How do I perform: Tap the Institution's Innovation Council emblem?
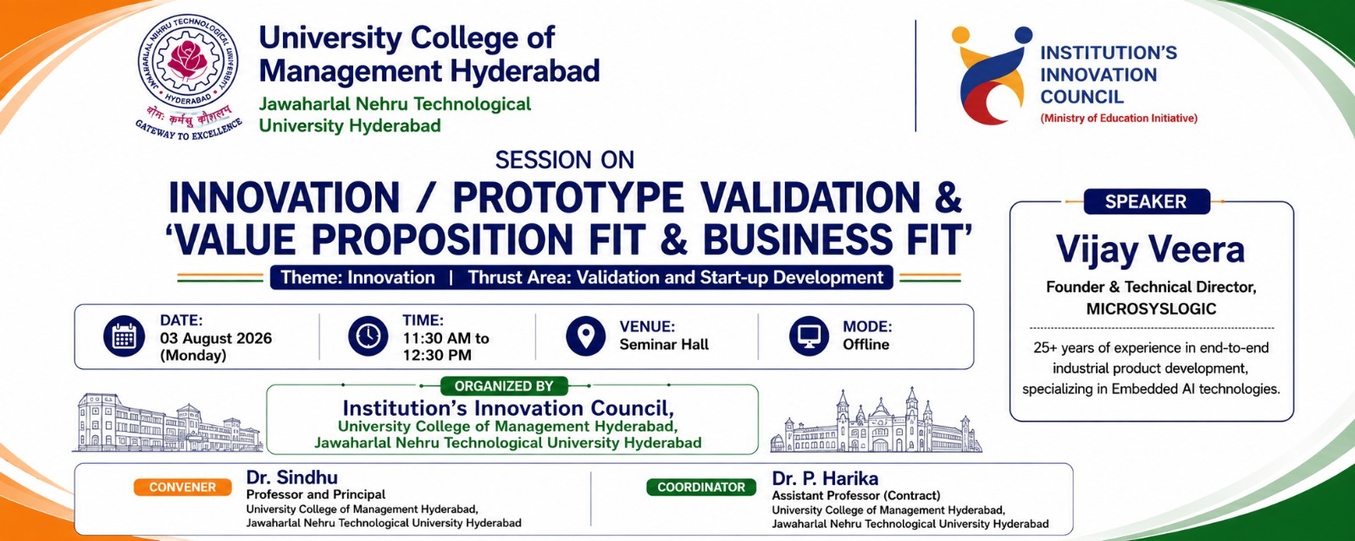(x=991, y=75)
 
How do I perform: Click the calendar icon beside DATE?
(x=124, y=336)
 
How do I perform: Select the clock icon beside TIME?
(x=368, y=335)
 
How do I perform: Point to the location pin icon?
(x=585, y=335)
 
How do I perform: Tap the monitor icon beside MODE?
(x=809, y=335)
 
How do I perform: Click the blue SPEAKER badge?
(x=1147, y=201)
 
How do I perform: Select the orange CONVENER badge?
(x=183, y=487)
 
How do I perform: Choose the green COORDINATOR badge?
(x=701, y=487)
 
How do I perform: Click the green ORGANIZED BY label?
(x=504, y=386)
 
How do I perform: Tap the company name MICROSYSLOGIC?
(x=1151, y=309)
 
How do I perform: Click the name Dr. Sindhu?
(x=291, y=477)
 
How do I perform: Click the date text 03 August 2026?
(x=216, y=338)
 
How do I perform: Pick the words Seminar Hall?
(x=664, y=345)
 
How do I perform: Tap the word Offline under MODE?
(x=866, y=345)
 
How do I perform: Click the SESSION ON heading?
(x=564, y=160)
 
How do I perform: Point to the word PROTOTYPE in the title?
(x=568, y=197)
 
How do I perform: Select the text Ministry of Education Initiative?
(x=1119, y=119)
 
